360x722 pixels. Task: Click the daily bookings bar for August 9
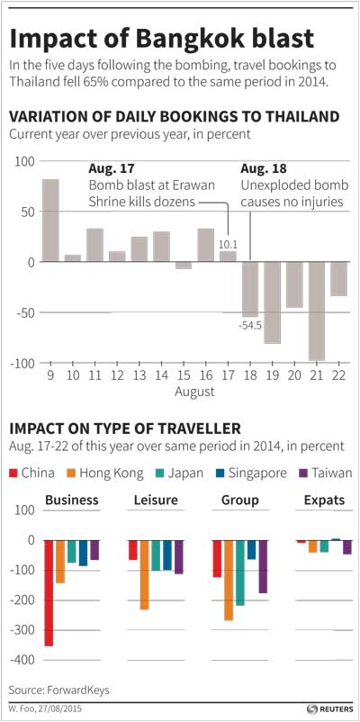(x=50, y=221)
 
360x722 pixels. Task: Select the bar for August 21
(x=317, y=311)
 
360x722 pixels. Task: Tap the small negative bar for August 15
(x=184, y=266)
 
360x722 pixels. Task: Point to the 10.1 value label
(x=228, y=245)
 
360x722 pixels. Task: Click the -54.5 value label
(x=250, y=326)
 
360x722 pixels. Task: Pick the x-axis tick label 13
(x=139, y=375)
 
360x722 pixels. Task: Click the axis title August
(x=194, y=392)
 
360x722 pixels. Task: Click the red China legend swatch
(x=13, y=473)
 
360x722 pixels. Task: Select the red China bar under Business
(x=49, y=593)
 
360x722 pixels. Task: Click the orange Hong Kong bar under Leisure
(x=145, y=575)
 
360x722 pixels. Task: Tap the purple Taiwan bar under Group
(x=263, y=567)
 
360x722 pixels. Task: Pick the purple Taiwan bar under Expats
(x=347, y=547)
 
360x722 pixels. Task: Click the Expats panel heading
(x=325, y=500)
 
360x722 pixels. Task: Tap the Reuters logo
(x=330, y=708)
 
